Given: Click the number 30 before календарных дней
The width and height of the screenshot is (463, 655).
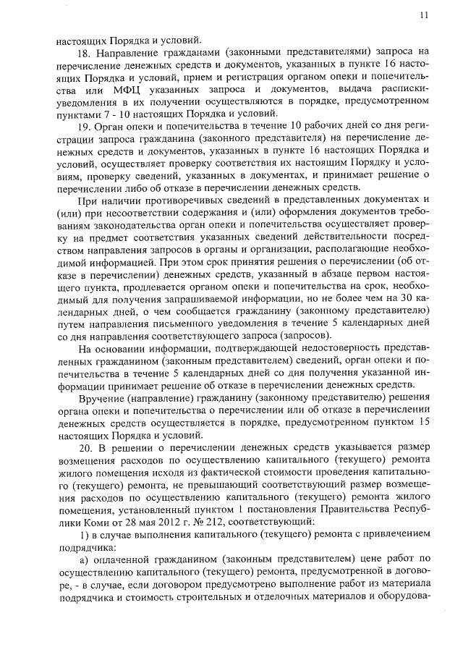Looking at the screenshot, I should [x=404, y=300].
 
